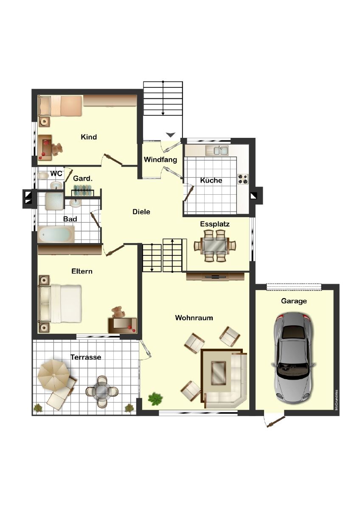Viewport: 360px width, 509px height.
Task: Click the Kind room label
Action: coord(89,137)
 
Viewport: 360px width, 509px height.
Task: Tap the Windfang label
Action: coord(160,159)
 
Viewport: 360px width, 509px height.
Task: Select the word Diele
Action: coord(141,212)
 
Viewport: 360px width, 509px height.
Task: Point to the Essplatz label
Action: coord(215,224)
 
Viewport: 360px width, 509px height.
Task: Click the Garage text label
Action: coord(294,301)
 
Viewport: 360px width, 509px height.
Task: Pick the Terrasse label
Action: coord(86,357)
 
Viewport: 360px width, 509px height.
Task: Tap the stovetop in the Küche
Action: coord(243,179)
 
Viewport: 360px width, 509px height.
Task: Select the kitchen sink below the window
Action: coord(217,151)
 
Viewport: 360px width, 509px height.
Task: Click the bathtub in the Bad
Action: coord(56,234)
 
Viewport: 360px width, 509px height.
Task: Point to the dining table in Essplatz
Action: coord(215,246)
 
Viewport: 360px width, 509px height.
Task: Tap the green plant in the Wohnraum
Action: coord(155,399)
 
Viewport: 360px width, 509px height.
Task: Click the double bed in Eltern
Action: coord(60,304)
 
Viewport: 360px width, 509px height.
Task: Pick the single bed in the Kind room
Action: coord(60,106)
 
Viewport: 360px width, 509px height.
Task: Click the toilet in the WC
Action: coord(43,176)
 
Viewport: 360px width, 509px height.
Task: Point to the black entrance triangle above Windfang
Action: coord(171,135)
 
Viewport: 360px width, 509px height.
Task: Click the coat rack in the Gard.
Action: coord(83,190)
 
